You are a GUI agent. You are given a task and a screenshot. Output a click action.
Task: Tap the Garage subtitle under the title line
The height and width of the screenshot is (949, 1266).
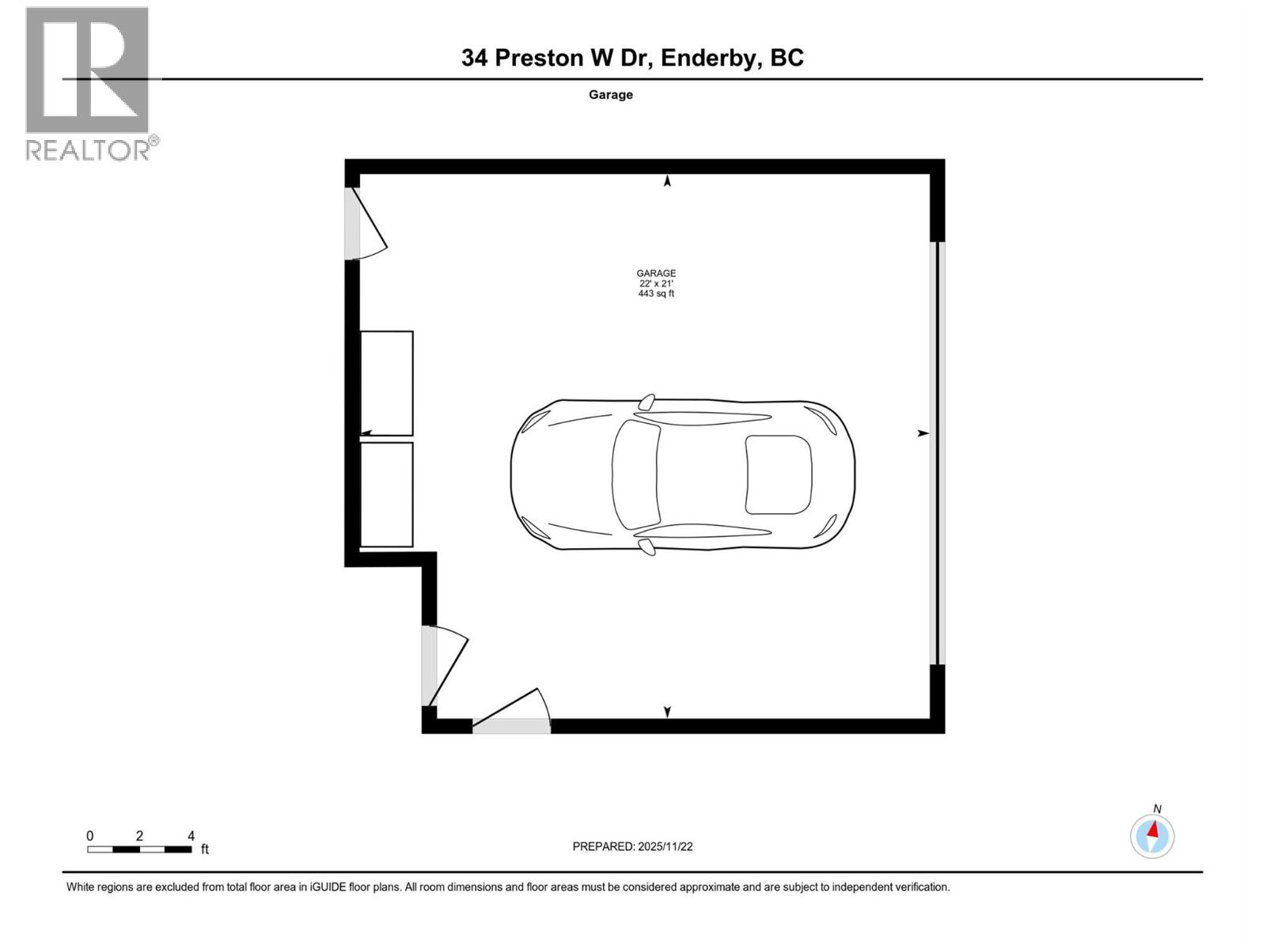[x=610, y=95]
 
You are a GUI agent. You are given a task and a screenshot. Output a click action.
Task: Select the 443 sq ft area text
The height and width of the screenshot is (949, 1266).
[x=656, y=294]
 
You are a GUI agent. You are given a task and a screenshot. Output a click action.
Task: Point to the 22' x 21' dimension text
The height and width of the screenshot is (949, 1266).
[x=656, y=284]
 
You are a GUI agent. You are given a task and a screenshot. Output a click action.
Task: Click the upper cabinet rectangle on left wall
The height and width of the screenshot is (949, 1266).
[x=387, y=383]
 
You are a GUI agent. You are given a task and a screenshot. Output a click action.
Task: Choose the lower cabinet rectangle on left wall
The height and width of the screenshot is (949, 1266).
[x=387, y=494]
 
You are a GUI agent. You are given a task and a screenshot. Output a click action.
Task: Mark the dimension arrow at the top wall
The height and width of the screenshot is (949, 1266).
[x=667, y=181]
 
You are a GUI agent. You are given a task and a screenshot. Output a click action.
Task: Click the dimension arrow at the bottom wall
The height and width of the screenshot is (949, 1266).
[x=667, y=712]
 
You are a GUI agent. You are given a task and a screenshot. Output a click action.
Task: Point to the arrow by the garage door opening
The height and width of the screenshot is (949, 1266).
[x=923, y=433]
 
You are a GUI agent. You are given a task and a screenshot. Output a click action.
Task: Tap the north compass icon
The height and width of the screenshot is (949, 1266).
[x=1152, y=836]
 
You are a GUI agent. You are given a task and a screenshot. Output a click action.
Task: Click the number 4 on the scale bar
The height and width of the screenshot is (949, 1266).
[x=191, y=836]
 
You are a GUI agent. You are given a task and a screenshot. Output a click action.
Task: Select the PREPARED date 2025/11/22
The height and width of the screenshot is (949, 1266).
[x=665, y=846]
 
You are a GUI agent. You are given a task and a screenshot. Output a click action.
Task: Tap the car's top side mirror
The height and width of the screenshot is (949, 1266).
[x=647, y=401]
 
